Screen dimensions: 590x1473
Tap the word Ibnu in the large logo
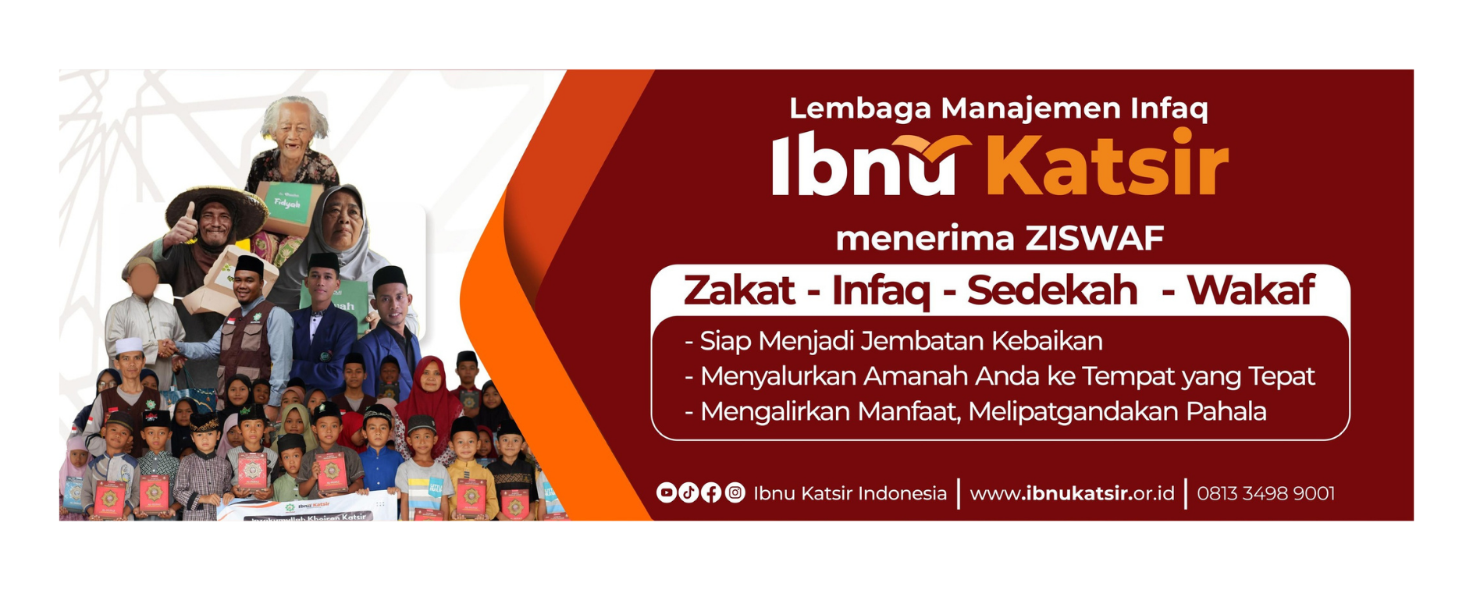(x=863, y=168)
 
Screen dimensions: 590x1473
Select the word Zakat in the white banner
(x=738, y=290)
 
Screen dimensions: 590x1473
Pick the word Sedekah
(x=1052, y=290)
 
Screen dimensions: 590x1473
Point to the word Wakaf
(x=1251, y=290)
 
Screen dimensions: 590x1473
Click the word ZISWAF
(x=1094, y=238)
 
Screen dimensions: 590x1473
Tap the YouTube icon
(x=666, y=492)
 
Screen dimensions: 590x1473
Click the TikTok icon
(x=688, y=492)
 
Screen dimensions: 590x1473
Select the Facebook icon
(x=711, y=492)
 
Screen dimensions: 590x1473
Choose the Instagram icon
(x=735, y=492)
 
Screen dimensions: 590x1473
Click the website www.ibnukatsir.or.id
(x=1072, y=493)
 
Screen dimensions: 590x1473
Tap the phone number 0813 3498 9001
(x=1265, y=493)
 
